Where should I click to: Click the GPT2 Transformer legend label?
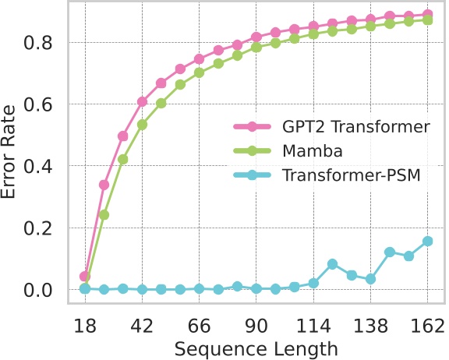[337, 126]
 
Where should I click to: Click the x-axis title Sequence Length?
[257, 347]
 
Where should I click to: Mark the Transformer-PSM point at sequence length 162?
[427, 242]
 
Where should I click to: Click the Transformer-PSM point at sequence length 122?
[332, 264]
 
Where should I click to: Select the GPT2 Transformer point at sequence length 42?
[142, 101]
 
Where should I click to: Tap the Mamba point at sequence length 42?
[142, 124]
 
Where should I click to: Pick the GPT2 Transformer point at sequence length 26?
[104, 185]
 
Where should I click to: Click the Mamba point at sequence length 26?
[104, 214]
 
